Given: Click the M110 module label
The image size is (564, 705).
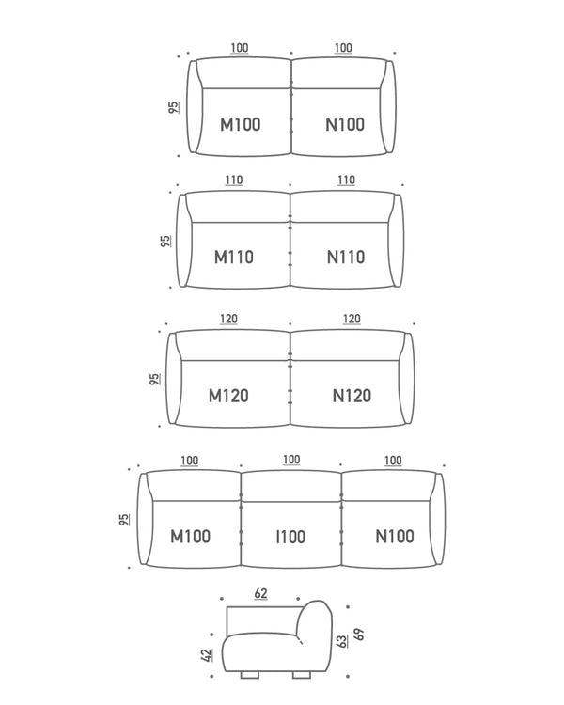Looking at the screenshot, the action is tap(234, 258).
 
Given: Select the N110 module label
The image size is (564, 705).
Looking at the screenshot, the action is tap(345, 258).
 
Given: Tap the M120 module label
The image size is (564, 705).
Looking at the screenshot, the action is tap(228, 396).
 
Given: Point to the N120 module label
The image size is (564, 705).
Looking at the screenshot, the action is tap(352, 396).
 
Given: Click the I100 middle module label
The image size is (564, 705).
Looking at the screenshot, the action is tap(290, 537).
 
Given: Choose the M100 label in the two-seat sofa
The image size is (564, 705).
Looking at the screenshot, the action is tap(241, 124).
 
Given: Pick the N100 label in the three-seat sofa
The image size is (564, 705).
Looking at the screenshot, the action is tap(395, 536).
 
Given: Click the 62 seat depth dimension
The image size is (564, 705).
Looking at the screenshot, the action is tap(261, 593).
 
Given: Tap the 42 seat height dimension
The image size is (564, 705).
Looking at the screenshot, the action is tap(207, 655).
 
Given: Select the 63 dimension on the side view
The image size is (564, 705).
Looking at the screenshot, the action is tap(342, 641).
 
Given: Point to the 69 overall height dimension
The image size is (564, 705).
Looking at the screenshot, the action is tap(358, 634).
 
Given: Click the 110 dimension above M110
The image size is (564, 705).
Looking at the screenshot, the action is tap(234, 180).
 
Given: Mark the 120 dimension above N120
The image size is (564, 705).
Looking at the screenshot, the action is tap(352, 319).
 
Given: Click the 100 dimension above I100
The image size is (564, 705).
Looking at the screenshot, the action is tap(291, 460).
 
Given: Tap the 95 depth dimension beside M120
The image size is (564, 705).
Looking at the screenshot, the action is tap(155, 379).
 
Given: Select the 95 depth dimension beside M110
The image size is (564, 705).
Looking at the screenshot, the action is tap(166, 241).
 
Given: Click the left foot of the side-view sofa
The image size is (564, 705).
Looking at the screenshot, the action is tap(250, 675).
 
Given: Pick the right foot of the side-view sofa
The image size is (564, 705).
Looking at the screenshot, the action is tap(302, 675).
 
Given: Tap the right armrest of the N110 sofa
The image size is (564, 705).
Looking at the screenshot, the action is tap(399, 240).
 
